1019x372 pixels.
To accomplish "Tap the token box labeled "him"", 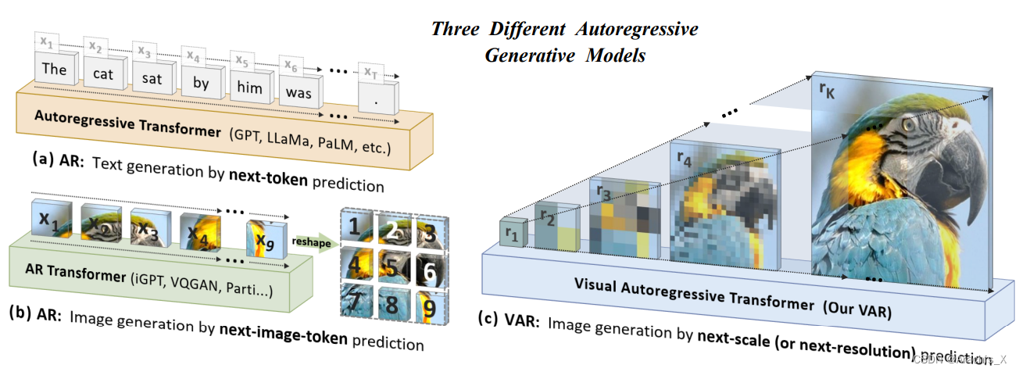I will coord(250,87).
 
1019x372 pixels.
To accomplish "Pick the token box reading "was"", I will coord(299,93).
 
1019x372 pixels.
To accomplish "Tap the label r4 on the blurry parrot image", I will coord(684,162).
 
